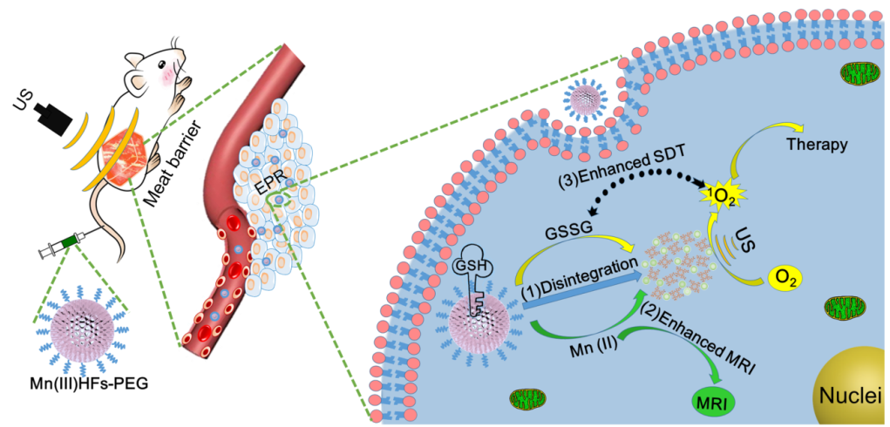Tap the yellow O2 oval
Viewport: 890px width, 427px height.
point(785,280)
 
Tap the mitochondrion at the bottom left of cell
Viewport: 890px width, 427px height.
point(527,397)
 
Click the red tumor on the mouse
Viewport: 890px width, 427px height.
point(122,152)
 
